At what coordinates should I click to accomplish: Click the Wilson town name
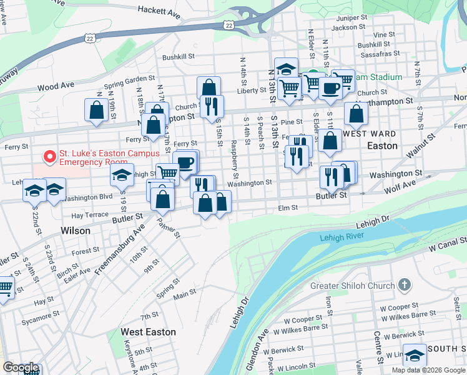click(76, 231)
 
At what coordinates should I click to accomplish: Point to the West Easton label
click(148, 332)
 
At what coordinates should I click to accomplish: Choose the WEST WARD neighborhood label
click(370, 134)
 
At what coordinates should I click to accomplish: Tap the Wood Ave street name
click(56, 86)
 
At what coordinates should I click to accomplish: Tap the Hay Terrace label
click(90, 214)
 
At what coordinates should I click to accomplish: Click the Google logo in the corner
click(21, 367)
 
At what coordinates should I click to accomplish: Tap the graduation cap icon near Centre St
click(415, 354)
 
